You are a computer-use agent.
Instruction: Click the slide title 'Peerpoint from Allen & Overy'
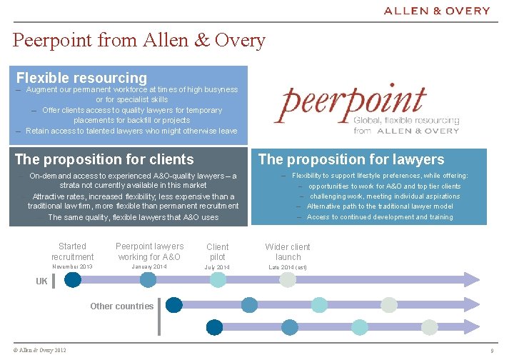coord(139,40)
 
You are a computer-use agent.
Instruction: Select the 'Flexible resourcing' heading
coord(81,77)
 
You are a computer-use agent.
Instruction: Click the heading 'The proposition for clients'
coord(104,159)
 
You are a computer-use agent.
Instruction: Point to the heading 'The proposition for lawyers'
coord(351,159)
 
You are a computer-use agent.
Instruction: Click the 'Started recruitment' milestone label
coord(72,251)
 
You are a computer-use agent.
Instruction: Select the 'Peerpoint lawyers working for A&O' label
coord(149,251)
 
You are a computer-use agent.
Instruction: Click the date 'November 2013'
coord(72,267)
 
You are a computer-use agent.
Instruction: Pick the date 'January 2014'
coord(149,267)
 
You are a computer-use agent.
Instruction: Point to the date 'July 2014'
coord(218,268)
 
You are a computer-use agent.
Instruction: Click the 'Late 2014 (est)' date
coord(288,268)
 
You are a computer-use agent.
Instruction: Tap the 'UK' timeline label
coord(42,281)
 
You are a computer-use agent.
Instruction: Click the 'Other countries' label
coord(121,306)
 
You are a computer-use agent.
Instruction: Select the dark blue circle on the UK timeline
coord(73,280)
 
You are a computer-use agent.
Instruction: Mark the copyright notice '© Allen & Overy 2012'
coord(40,350)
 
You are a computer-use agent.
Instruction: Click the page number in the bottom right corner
coord(492,351)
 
